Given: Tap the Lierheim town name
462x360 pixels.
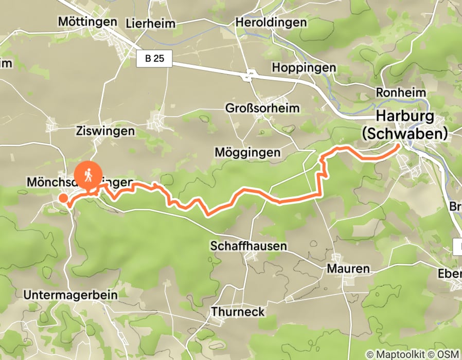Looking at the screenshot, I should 150,24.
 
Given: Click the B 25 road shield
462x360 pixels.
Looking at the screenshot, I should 154,59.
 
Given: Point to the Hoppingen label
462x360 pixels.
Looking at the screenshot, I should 304,68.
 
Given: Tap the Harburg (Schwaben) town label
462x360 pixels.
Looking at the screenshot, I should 404,124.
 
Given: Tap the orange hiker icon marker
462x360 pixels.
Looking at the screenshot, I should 88,175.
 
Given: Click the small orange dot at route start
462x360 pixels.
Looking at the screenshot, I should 63,198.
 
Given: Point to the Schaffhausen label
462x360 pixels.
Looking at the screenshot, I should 248,246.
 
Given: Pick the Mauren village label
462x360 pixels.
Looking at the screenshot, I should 348,268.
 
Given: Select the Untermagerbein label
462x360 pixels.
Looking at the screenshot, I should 71,295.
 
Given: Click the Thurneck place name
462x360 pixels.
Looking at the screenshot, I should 238,312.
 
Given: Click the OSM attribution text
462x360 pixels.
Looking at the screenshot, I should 450,354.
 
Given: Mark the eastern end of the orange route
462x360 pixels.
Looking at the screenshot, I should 398,147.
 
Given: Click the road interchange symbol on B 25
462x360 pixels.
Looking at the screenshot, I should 249,76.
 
